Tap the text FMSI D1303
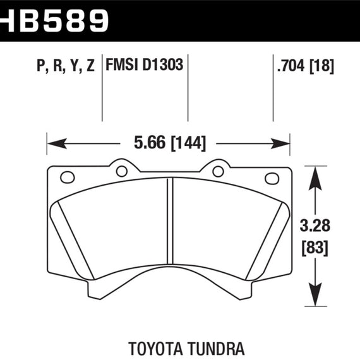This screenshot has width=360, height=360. coord(145,65)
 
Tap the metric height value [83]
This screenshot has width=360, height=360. coord(314,248)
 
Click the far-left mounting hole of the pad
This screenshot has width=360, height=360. coord(68,177)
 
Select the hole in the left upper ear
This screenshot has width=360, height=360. coord(122,171)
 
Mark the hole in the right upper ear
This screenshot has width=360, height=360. coord(218,171)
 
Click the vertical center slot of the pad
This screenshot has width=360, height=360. coord(169,227)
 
